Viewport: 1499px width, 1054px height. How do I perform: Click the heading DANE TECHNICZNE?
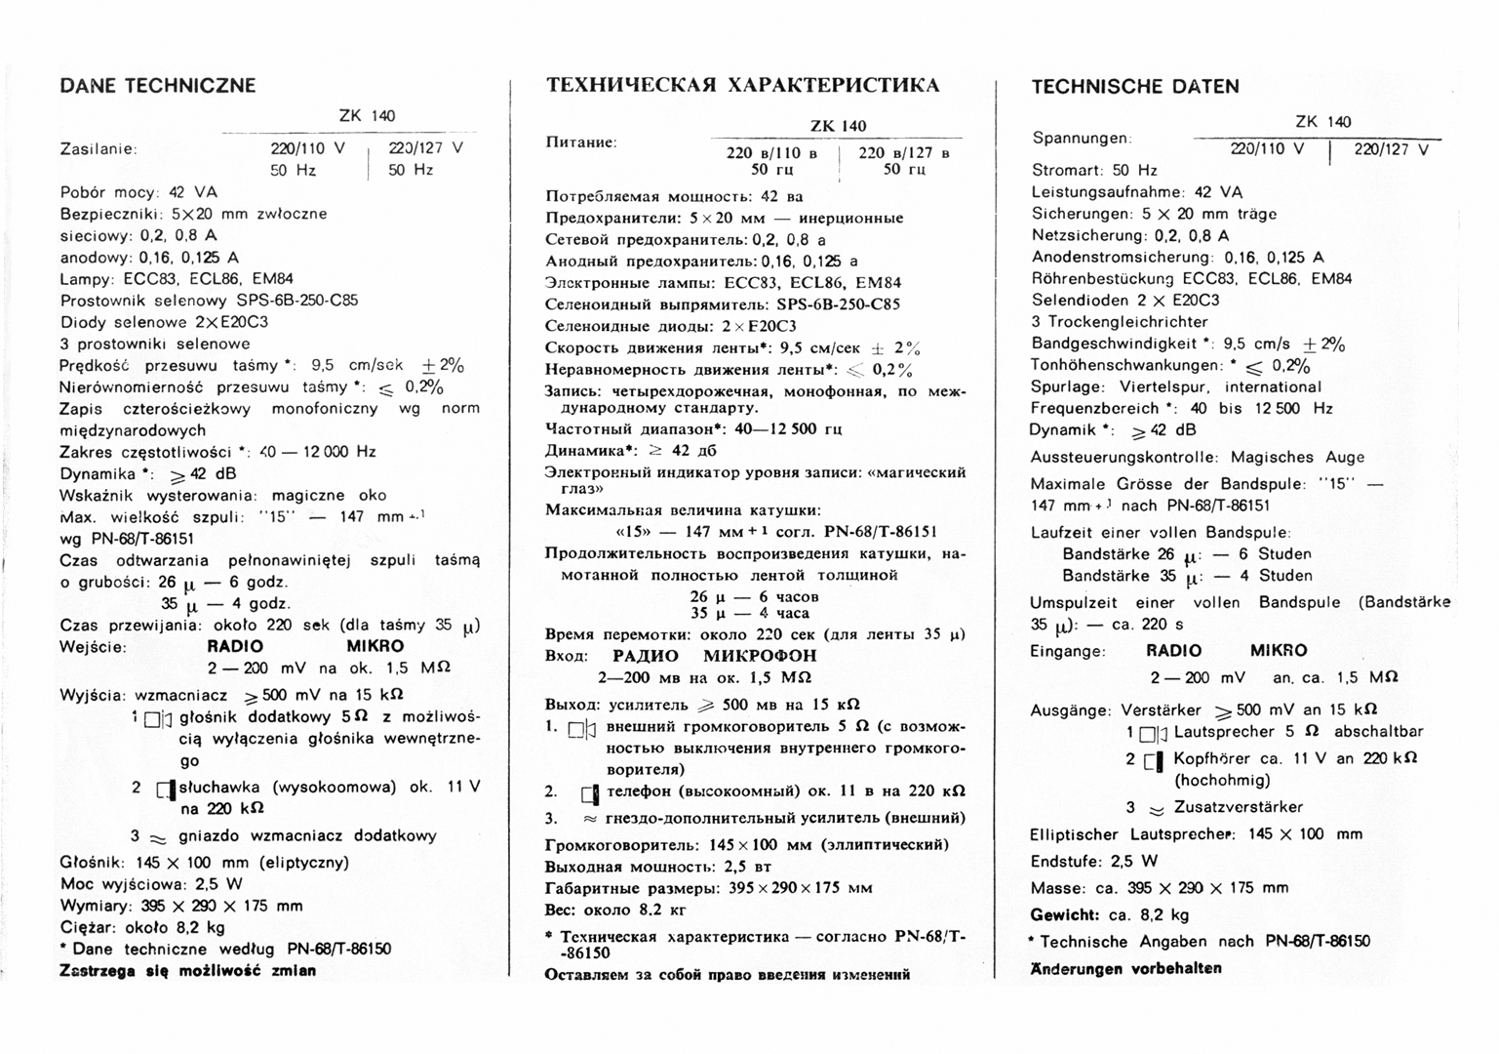[x=158, y=86]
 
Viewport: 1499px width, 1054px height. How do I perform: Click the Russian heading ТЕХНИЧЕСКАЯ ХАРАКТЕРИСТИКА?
[x=742, y=86]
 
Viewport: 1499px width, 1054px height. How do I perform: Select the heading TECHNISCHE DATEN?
[x=1135, y=87]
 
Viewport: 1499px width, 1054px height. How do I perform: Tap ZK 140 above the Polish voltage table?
[x=367, y=115]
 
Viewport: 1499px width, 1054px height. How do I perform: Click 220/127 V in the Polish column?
[x=425, y=148]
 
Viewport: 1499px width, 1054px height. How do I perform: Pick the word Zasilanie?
[x=98, y=149]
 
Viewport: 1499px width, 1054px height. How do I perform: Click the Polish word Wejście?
[x=93, y=646]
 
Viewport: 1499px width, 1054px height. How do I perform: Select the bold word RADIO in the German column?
[x=1173, y=651]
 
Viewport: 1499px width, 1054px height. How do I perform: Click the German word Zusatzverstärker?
[x=1238, y=807]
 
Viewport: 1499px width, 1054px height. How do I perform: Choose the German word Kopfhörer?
[x=1212, y=758]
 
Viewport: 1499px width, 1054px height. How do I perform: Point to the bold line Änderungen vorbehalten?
[x=1125, y=968]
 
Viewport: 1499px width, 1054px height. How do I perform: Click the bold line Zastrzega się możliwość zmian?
[x=187, y=971]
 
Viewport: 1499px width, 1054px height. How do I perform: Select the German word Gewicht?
[x=1064, y=914]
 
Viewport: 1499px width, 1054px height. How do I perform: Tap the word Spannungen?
[x=1081, y=139]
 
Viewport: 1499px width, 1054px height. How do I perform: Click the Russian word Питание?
[x=580, y=142]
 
